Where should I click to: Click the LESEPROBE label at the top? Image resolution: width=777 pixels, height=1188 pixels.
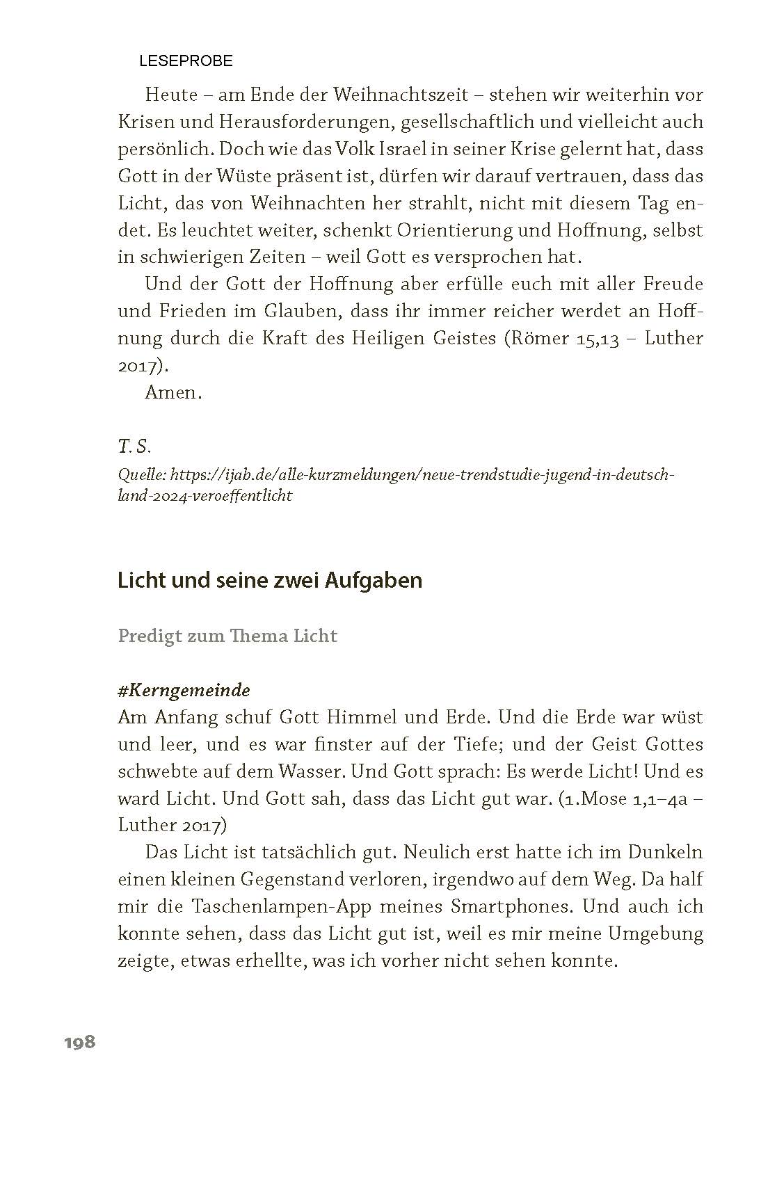tap(186, 61)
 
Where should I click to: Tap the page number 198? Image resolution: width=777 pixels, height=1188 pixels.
tap(79, 1042)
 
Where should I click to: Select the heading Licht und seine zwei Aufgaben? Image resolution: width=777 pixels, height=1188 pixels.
tap(270, 580)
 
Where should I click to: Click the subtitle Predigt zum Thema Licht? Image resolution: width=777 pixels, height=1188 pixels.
tap(227, 636)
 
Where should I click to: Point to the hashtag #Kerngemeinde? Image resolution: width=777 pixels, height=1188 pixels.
tap(184, 690)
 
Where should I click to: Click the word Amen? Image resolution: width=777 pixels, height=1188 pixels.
tap(173, 392)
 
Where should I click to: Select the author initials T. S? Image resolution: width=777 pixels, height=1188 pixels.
tap(134, 446)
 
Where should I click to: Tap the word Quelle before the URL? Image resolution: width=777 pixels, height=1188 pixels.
tap(141, 475)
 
